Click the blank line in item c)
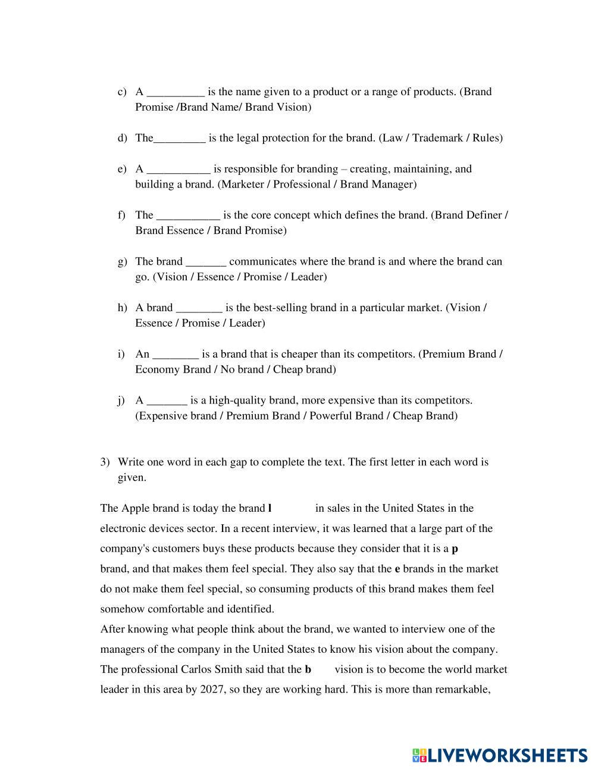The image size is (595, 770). (x=176, y=93)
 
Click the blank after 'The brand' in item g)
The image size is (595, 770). (x=206, y=262)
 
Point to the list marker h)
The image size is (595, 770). (x=122, y=308)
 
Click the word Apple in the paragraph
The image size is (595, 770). (x=136, y=508)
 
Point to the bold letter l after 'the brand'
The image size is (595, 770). (x=270, y=508)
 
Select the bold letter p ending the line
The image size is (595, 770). (x=455, y=549)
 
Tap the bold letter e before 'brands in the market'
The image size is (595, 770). (x=397, y=569)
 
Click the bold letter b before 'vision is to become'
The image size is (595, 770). (x=308, y=669)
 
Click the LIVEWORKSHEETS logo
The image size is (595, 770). (x=499, y=756)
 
